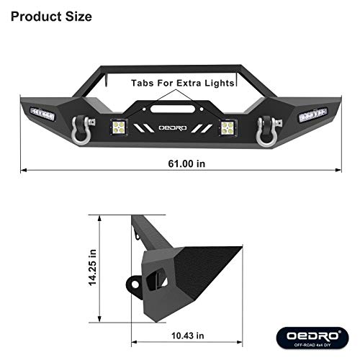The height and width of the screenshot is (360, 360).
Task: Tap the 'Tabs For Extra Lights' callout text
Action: (x=183, y=84)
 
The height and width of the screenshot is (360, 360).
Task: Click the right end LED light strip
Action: (x=313, y=113)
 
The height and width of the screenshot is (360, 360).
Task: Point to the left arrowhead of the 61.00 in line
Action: (x=24, y=171)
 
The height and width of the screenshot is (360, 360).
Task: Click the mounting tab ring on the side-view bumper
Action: (x=135, y=284)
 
